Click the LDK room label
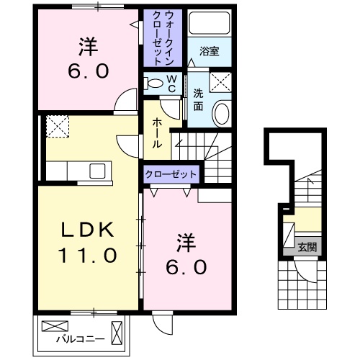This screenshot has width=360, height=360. point(88,230)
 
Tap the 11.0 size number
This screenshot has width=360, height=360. point(88,255)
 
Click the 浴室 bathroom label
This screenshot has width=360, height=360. point(210,51)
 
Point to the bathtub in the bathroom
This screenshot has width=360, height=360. point(210,23)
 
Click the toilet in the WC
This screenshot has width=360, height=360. point(153,84)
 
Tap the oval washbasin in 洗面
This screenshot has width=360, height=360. point(222,114)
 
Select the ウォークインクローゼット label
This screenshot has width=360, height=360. point(163,38)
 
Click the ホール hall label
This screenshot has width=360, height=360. point(157,133)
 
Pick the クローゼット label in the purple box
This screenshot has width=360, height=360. point(171,174)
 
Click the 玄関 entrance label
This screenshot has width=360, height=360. point(307,247)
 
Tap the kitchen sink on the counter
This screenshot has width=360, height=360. point(97,171)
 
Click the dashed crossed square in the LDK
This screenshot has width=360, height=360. point(58,127)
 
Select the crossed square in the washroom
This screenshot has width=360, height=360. point(220,82)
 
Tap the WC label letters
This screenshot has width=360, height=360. point(171,84)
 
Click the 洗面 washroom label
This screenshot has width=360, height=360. point(198,99)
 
